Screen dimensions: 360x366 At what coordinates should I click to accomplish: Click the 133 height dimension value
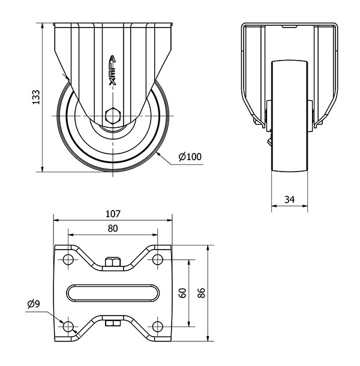tap(36, 97)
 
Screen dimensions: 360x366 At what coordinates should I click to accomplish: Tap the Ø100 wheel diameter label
tap(190, 157)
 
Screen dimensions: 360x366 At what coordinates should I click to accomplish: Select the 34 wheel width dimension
tap(289, 200)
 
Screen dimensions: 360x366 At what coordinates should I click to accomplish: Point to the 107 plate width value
tap(113, 214)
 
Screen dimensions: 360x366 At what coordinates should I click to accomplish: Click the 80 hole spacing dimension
tap(113, 229)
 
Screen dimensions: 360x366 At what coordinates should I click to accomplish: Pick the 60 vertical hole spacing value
tap(182, 293)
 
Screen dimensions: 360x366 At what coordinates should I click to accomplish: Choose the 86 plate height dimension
tap(201, 293)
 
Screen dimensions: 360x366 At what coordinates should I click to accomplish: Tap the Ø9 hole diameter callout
tap(34, 304)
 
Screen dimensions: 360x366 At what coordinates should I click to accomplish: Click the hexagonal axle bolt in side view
tap(113, 116)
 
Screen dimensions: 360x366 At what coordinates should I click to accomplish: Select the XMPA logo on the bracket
tap(113, 70)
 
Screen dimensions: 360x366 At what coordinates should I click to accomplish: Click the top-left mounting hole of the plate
tap(68, 259)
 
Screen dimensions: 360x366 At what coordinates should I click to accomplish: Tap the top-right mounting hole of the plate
tap(158, 259)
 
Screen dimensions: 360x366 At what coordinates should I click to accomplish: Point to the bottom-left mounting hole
tap(68, 326)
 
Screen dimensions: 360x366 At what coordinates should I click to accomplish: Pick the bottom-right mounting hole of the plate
tap(158, 326)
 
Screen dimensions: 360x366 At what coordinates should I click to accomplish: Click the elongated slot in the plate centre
tap(113, 293)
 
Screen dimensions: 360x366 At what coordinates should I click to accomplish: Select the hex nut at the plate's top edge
tap(113, 262)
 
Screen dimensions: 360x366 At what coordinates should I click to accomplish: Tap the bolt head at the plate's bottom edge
tap(113, 323)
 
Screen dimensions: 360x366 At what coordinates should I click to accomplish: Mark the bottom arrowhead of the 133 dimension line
tap(42, 169)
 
